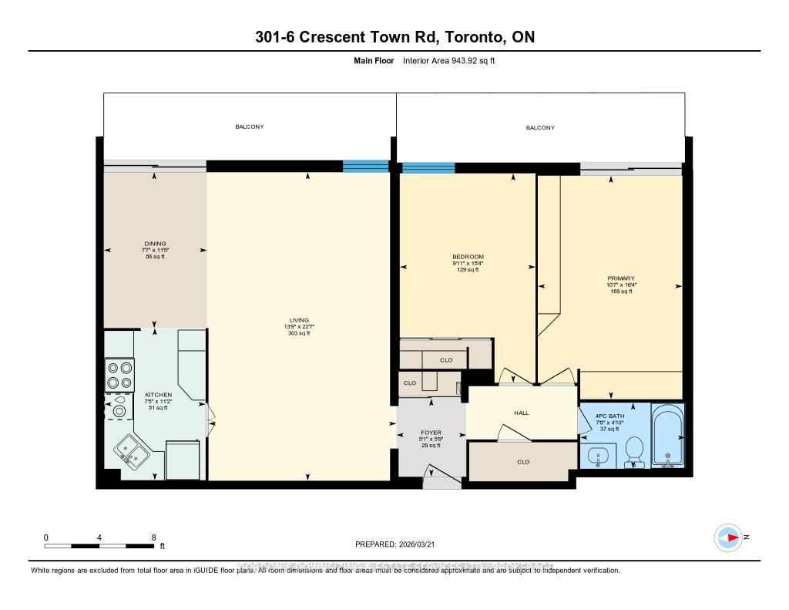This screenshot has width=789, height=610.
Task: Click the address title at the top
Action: [x=394, y=37]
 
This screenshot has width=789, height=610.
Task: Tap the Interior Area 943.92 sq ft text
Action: [x=448, y=61]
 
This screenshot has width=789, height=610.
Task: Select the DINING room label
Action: [x=154, y=244]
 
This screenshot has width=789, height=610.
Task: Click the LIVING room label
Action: [x=299, y=320]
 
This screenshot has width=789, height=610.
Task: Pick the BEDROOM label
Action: [x=468, y=257]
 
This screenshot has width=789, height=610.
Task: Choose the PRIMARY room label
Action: [x=621, y=278]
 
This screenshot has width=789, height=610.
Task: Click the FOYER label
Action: [x=431, y=433]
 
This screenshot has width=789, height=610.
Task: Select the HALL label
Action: [x=522, y=413]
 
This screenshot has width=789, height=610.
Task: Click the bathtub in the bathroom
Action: [x=667, y=437]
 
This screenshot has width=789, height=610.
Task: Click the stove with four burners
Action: [x=119, y=375]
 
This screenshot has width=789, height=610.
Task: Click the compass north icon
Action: [x=727, y=537]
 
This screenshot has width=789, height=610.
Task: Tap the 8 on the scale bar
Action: [x=154, y=538]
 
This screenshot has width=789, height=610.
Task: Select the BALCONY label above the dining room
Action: [x=250, y=126]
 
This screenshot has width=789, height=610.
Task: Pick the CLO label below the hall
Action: [x=523, y=462]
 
